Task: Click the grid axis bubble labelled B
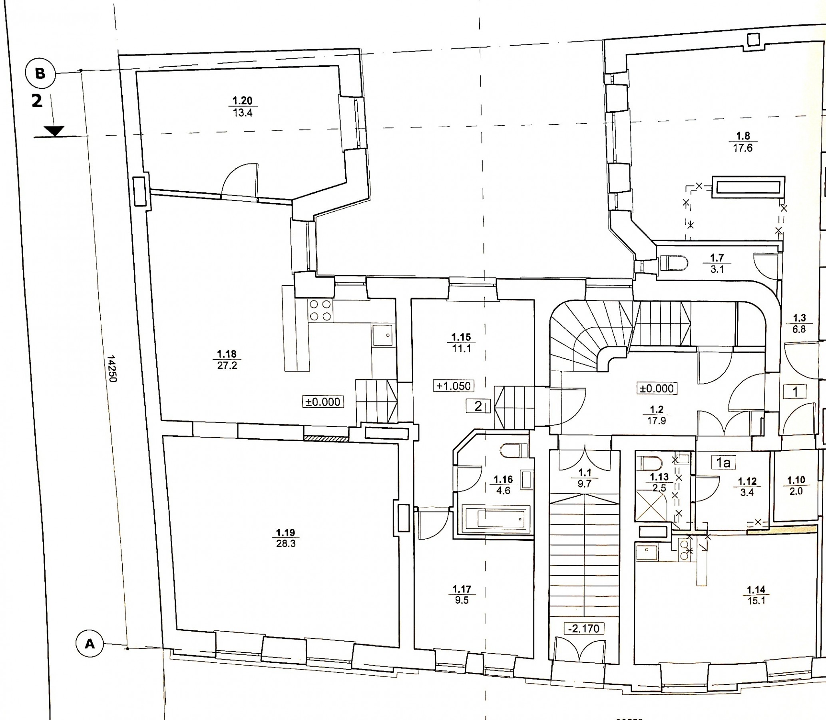40,74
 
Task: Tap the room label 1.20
243,100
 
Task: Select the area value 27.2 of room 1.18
227,365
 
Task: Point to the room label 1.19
285,533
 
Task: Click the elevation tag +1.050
454,386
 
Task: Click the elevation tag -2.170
583,628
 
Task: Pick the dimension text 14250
112,368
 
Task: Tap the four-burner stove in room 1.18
320,310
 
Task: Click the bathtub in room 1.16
496,519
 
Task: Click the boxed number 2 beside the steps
478,406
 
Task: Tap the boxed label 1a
723,462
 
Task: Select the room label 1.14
756,590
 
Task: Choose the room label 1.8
743,136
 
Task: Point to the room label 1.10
796,480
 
